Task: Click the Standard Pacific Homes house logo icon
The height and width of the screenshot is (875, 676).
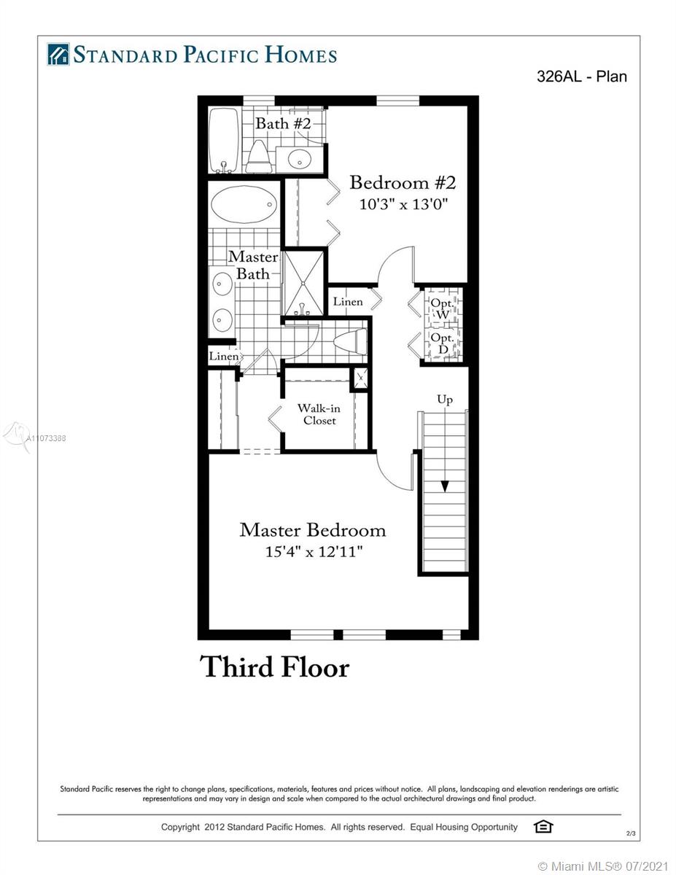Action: coord(58,54)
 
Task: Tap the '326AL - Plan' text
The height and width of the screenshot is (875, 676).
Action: coord(582,77)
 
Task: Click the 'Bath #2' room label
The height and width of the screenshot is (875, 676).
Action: coord(283,123)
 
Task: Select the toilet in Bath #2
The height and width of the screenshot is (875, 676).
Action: coord(258,157)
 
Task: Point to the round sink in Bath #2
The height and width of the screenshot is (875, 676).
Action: coord(300,158)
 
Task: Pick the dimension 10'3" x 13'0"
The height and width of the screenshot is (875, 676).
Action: coord(403,204)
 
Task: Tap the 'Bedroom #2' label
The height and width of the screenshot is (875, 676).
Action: coord(403,183)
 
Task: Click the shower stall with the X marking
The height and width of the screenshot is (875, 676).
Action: coord(304,283)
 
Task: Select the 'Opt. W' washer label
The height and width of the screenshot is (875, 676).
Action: coord(442,308)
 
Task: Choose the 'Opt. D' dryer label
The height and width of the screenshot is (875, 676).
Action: coord(442,343)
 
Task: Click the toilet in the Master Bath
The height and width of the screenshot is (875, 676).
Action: coord(350,341)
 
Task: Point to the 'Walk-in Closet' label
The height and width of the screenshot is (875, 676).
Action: coord(319,414)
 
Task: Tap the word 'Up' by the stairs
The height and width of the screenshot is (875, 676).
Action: coord(445,400)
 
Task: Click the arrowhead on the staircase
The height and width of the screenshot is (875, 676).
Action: coord(445,486)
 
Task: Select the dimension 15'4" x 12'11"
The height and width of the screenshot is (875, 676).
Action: coord(314,551)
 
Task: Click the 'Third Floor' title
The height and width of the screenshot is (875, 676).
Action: coord(275,667)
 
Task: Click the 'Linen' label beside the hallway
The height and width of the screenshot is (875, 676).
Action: coord(347,302)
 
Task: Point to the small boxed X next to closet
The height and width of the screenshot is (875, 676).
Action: coord(360,378)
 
